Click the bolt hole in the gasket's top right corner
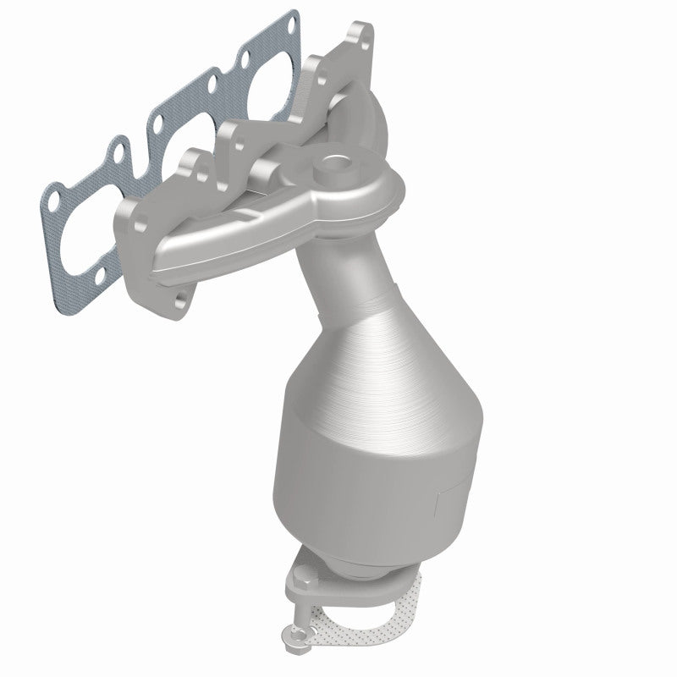click(x=291, y=25)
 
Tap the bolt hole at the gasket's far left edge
click(x=51, y=203)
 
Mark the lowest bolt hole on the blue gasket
click(x=103, y=274)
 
